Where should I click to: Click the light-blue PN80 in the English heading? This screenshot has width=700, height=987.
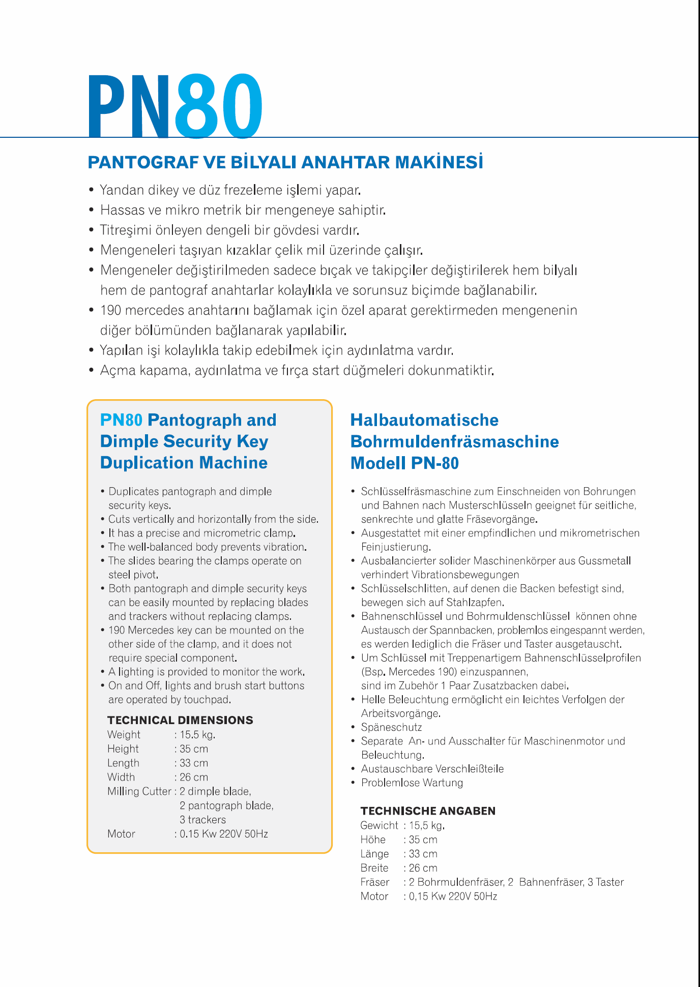coord(121,420)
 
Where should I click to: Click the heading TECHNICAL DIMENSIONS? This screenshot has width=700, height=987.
coord(180,720)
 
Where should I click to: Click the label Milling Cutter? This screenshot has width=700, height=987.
coord(139,791)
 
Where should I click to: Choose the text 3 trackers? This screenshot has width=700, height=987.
coord(202,820)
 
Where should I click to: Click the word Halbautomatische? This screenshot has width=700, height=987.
coord(424,420)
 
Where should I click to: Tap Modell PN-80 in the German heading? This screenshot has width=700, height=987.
coord(404,463)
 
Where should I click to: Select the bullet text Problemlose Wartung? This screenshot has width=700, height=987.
coord(412,783)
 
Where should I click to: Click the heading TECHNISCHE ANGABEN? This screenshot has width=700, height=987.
coord(428,811)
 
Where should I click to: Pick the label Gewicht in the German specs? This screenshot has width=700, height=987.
coord(379,825)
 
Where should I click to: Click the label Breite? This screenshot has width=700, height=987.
coord(374,868)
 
